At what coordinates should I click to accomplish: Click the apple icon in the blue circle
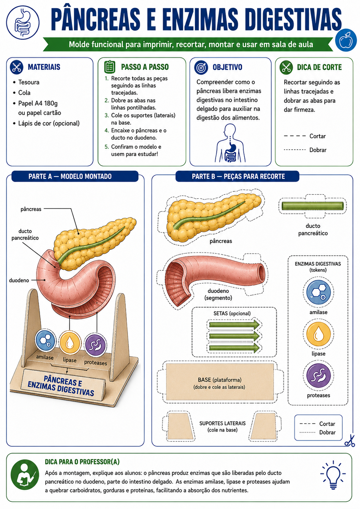tap(346, 40)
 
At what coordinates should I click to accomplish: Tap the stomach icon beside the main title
tap(23, 23)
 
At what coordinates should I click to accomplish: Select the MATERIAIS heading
tap(44, 67)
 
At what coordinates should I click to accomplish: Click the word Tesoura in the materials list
tap(29, 82)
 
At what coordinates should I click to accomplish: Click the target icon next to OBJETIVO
tap(201, 68)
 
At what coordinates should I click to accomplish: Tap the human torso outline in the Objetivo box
tap(230, 143)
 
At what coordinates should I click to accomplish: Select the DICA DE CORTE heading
tap(319, 67)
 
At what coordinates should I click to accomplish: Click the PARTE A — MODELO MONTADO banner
tap(75, 176)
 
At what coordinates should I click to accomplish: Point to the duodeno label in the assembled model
tap(19, 280)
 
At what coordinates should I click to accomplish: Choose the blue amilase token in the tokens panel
tap(318, 292)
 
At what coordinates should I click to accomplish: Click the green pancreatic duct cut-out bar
tap(313, 206)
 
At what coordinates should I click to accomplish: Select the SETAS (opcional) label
tap(232, 313)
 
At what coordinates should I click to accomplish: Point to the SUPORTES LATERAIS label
tap(222, 423)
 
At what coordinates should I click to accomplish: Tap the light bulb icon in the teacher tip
tap(333, 475)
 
